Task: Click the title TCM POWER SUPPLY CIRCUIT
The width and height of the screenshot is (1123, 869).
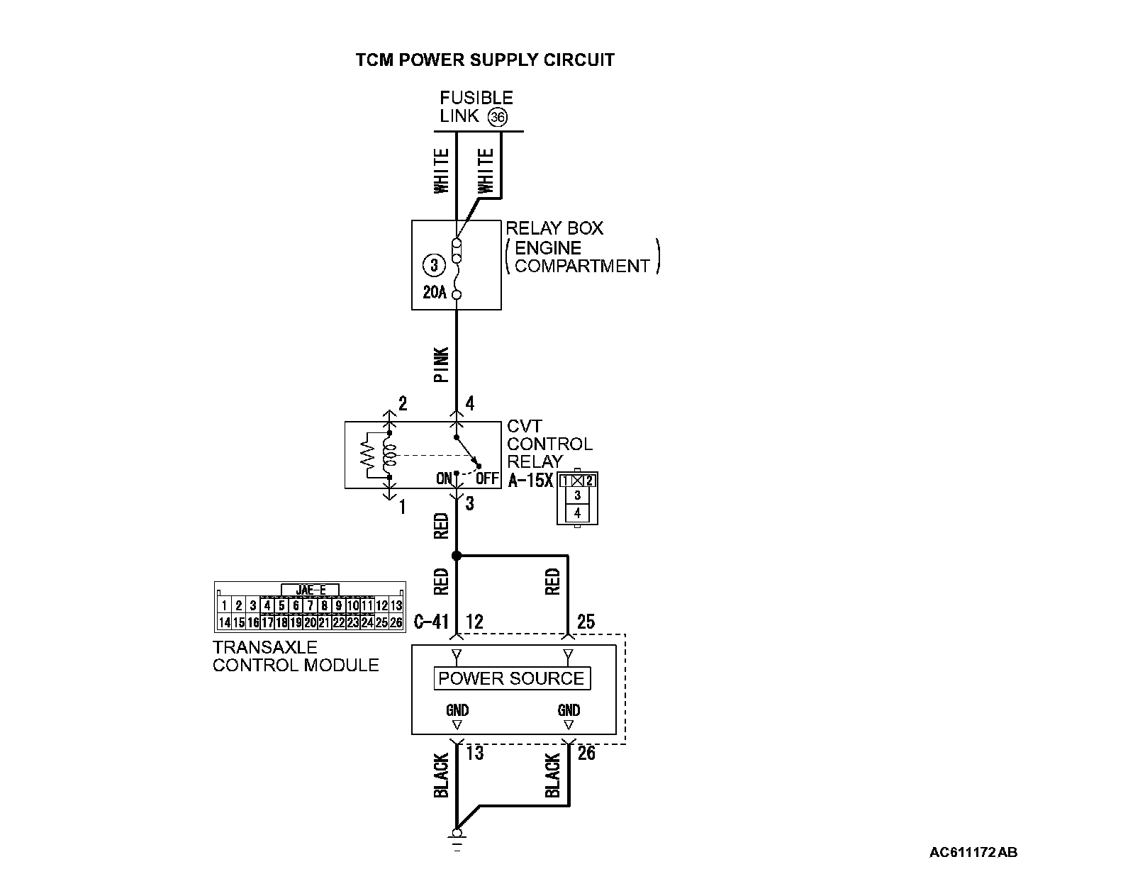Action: (485, 60)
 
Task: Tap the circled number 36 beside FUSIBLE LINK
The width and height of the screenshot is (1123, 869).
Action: (498, 118)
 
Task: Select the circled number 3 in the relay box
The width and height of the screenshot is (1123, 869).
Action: (433, 266)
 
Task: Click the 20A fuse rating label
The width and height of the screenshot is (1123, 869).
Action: (434, 292)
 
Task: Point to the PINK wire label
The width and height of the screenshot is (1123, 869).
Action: (441, 365)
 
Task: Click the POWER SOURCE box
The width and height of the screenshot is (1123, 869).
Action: (511, 678)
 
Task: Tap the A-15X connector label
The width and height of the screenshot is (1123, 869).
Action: (530, 480)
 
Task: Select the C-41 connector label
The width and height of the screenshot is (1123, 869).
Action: (431, 622)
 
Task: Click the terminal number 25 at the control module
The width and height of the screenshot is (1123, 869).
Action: (586, 622)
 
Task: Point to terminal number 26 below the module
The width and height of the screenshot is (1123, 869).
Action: (586, 753)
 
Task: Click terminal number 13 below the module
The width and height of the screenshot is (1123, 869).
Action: (474, 753)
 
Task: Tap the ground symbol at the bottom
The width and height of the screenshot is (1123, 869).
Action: (457, 840)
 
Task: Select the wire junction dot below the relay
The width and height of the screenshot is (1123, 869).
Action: (457, 556)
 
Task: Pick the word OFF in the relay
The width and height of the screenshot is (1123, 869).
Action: (487, 478)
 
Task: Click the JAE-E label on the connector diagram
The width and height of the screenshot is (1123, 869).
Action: (311, 590)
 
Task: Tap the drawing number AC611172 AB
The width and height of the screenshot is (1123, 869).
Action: (973, 851)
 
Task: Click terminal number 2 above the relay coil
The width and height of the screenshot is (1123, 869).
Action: (403, 405)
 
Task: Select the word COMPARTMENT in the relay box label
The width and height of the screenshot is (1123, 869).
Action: (582, 267)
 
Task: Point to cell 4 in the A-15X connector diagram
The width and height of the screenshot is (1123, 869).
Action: (578, 512)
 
